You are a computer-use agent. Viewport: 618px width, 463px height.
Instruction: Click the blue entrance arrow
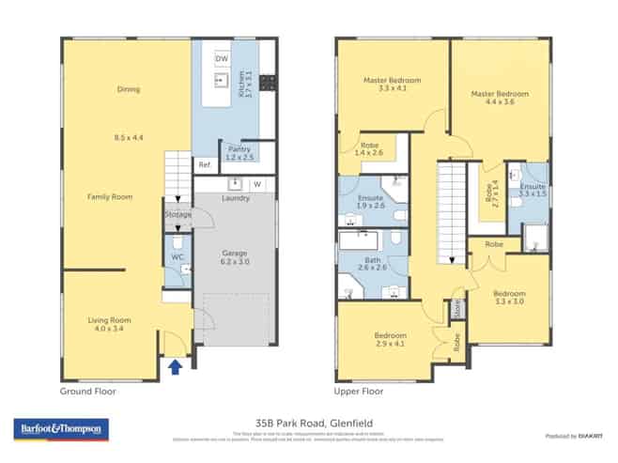[175, 366]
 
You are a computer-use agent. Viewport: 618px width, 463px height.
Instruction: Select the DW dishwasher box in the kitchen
[222, 59]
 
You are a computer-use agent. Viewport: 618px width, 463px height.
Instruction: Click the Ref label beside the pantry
[204, 164]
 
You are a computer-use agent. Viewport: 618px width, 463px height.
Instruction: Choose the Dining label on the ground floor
[128, 90]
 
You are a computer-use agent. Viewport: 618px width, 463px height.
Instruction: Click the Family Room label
[109, 197]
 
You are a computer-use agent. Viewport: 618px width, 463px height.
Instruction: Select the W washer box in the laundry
[255, 184]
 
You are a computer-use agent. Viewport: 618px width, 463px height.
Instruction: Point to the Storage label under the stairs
[178, 215]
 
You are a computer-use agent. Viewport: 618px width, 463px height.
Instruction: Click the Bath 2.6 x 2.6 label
[373, 263]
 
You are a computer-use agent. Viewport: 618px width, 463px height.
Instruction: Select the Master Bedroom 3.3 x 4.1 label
[392, 85]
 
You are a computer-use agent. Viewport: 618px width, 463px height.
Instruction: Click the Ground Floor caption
[88, 392]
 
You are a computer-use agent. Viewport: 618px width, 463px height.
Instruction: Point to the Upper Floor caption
[359, 392]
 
